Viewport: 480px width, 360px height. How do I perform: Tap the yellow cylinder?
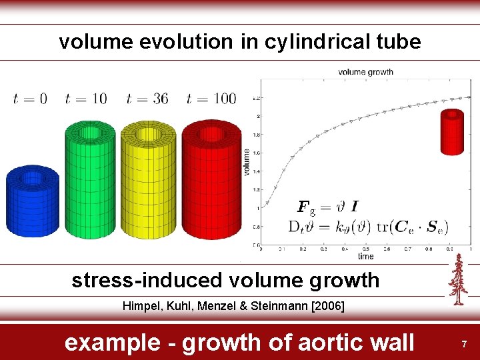[x=148, y=180]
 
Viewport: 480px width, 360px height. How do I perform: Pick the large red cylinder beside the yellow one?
[x=211, y=180]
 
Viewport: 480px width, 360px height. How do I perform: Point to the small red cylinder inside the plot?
[x=453, y=132]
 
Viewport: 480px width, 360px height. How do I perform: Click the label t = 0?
[x=30, y=99]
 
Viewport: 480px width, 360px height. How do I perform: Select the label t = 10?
[x=85, y=99]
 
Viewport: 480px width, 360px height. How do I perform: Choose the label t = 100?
[x=211, y=99]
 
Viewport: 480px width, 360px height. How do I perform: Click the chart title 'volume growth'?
[x=365, y=72]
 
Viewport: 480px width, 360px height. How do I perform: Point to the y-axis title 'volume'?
[x=247, y=162]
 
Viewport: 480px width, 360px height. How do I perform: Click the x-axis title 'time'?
[x=365, y=256]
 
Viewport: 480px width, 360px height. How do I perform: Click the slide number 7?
[x=465, y=343]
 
